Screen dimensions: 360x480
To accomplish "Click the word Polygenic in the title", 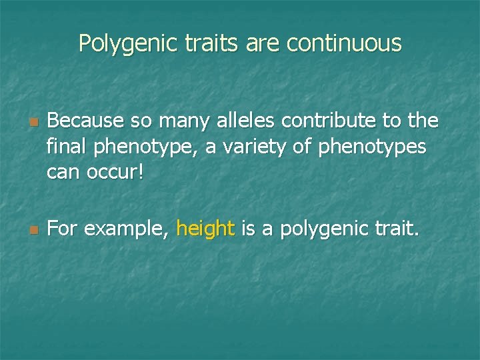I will click(x=126, y=43).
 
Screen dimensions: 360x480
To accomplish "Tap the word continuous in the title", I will click(x=344, y=43).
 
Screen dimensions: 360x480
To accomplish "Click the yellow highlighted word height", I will click(x=205, y=230).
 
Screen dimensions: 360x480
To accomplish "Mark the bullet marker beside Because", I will click(x=31, y=123).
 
